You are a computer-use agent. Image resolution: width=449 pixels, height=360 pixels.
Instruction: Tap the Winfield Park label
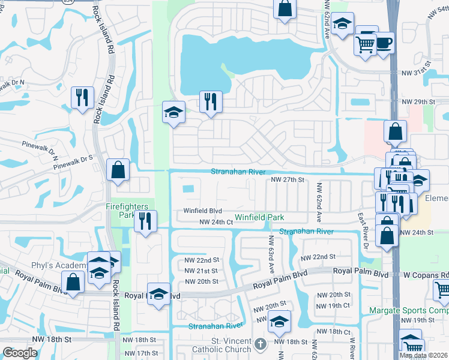[x=259, y=217]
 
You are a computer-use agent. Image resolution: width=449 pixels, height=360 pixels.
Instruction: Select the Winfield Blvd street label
[x=203, y=211]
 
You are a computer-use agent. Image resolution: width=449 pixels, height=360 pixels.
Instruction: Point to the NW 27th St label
[x=288, y=179]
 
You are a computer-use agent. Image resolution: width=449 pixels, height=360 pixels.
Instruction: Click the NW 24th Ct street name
[x=215, y=222]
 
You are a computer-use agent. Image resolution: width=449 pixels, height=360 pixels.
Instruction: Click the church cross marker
[x=259, y=344]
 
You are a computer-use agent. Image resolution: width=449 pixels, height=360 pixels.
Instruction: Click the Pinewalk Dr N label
[x=14, y=82]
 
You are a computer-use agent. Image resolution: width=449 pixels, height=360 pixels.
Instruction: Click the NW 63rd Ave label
[x=271, y=252]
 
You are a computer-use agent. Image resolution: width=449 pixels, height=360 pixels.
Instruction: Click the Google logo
[x=20, y=353]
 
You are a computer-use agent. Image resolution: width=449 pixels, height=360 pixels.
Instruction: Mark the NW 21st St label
[x=201, y=271]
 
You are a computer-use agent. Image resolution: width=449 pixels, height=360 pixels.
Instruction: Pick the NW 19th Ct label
[x=334, y=305]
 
